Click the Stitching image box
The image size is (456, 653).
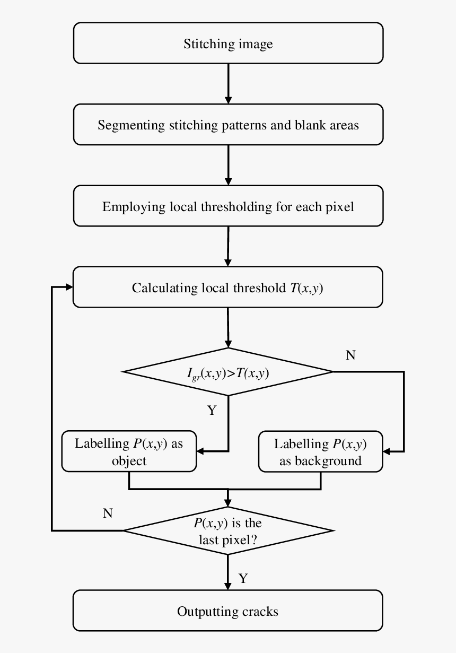pos(228,43)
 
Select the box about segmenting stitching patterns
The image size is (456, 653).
pos(228,125)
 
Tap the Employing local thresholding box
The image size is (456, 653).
pos(228,206)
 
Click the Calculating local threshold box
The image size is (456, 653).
pos(228,288)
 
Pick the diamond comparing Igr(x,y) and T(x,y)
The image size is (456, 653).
pos(228,372)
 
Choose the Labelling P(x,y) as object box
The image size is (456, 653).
pos(129,452)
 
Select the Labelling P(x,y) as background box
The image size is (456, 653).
pos(320,452)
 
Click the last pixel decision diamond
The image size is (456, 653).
pos(228,530)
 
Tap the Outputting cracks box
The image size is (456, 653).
pos(228,611)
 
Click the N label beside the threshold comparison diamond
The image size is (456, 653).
pos(350,355)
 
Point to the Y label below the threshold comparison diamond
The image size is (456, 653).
pos(212,410)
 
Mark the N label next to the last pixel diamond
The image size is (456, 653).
pos(108,513)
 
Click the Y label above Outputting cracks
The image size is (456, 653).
pos(243,578)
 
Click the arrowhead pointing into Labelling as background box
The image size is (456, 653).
pos(387,451)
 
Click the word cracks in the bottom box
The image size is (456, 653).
pos(260,611)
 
